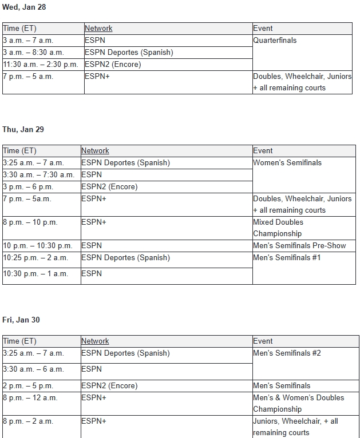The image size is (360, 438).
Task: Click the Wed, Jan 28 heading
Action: (24, 7)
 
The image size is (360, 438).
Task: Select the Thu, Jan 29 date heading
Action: (23, 129)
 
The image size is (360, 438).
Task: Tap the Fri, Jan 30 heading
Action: (21, 320)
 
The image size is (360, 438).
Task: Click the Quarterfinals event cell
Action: (275, 41)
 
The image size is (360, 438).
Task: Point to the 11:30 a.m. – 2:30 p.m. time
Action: (40, 65)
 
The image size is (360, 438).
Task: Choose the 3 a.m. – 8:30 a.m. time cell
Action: (33, 53)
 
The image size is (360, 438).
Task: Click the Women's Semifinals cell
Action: (287, 163)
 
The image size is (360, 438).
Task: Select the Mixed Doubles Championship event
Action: (278, 228)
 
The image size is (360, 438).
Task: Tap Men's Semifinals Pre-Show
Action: (299, 246)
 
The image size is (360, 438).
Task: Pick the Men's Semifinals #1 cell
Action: (287, 258)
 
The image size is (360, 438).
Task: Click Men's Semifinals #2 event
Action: (287, 353)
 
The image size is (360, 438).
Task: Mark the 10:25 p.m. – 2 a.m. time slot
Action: (35, 258)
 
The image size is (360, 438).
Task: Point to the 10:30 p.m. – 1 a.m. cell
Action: (35, 274)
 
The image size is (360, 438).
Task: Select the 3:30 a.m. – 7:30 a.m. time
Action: (38, 175)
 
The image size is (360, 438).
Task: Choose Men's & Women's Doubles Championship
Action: (299, 403)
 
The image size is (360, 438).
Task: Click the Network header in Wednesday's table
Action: (98, 29)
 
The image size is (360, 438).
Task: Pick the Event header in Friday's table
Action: (263, 341)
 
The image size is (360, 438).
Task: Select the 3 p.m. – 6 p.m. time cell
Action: (27, 187)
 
